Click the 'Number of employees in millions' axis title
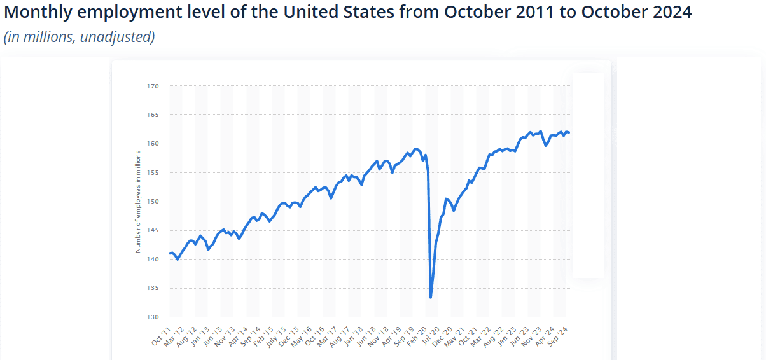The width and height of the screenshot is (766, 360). pyautogui.click(x=138, y=202)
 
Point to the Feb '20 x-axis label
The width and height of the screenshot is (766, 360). pyautogui.click(x=417, y=335)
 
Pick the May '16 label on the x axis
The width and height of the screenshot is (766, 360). pyautogui.click(x=302, y=335)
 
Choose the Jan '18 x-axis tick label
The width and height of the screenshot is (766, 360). pyautogui.click(x=354, y=335)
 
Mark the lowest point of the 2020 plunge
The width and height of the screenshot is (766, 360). pyautogui.click(x=431, y=297)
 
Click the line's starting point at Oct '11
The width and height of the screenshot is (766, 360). pyautogui.click(x=169, y=253)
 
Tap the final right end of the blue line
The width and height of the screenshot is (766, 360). pyautogui.click(x=569, y=132)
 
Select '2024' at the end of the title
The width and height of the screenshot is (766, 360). pyautogui.click(x=671, y=13)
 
